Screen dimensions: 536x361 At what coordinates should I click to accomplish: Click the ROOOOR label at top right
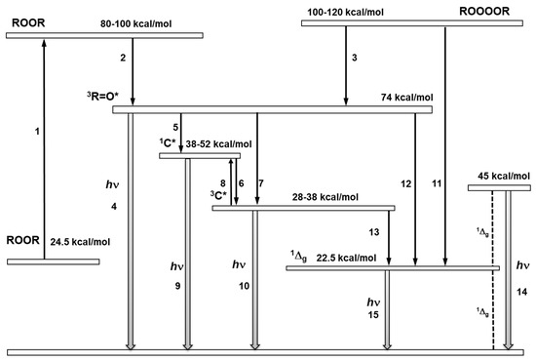[484, 12]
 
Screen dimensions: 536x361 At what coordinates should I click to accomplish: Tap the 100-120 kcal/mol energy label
[345, 13]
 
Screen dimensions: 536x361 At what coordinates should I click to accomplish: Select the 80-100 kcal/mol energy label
[136, 24]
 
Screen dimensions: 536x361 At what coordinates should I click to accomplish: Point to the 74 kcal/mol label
[406, 98]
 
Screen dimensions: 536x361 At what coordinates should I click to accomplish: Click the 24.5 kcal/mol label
[80, 242]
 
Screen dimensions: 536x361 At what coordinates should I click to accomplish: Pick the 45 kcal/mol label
[504, 177]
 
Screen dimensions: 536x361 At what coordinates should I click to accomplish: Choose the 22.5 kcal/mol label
[346, 258]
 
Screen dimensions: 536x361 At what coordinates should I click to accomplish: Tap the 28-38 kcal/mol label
[325, 197]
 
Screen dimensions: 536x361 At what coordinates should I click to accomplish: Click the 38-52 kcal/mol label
[218, 144]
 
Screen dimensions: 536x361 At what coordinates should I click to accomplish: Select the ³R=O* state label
[102, 97]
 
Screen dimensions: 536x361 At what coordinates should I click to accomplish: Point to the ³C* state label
[218, 195]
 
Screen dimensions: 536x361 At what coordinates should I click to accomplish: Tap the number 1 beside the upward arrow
[37, 132]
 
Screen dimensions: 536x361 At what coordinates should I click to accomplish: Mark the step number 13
[374, 232]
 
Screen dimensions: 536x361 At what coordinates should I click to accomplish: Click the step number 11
[437, 183]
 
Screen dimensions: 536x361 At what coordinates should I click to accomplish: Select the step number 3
[355, 58]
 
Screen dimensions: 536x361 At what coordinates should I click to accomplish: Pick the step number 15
[373, 315]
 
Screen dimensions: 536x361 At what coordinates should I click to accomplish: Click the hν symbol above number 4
[112, 185]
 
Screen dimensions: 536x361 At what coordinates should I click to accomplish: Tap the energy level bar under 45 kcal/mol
[499, 188]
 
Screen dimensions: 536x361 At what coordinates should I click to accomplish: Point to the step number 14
[522, 293]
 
